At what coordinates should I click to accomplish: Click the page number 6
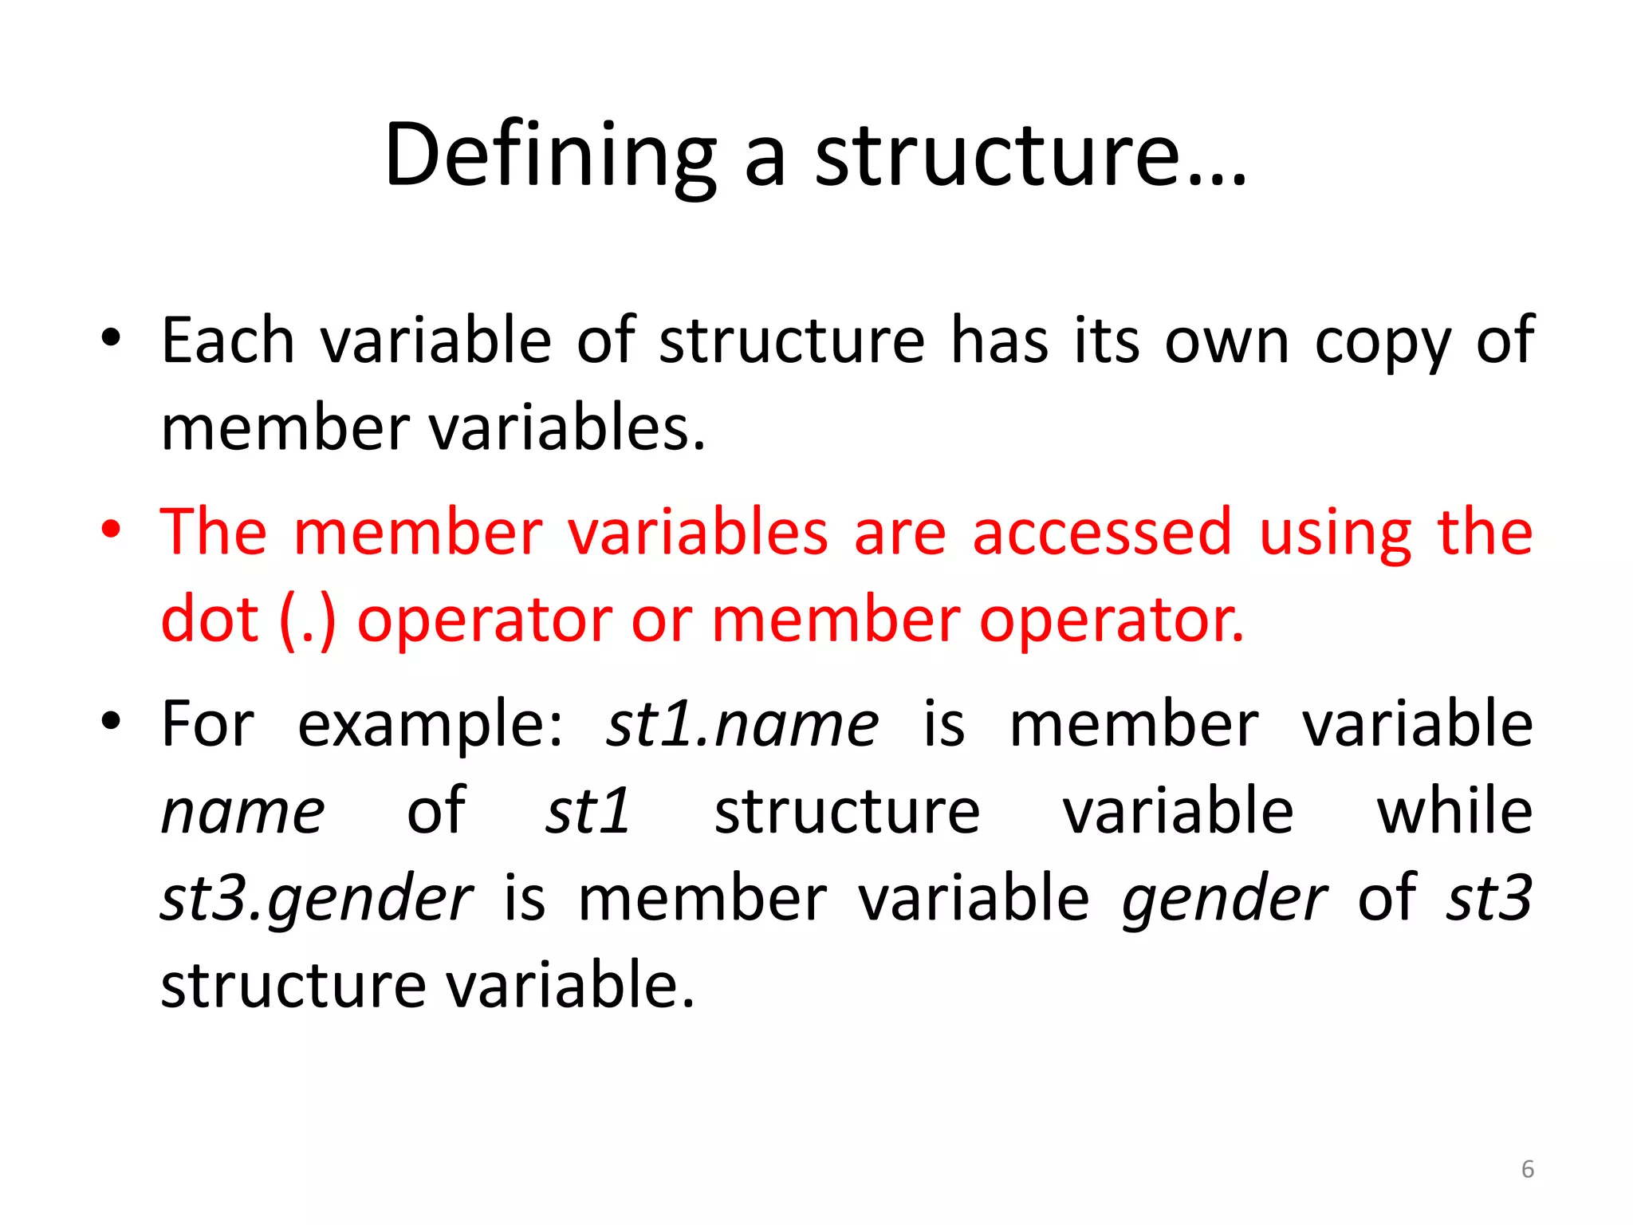coord(1528,1169)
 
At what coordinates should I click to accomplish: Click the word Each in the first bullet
coord(228,341)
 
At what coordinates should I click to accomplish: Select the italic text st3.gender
coord(317,900)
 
